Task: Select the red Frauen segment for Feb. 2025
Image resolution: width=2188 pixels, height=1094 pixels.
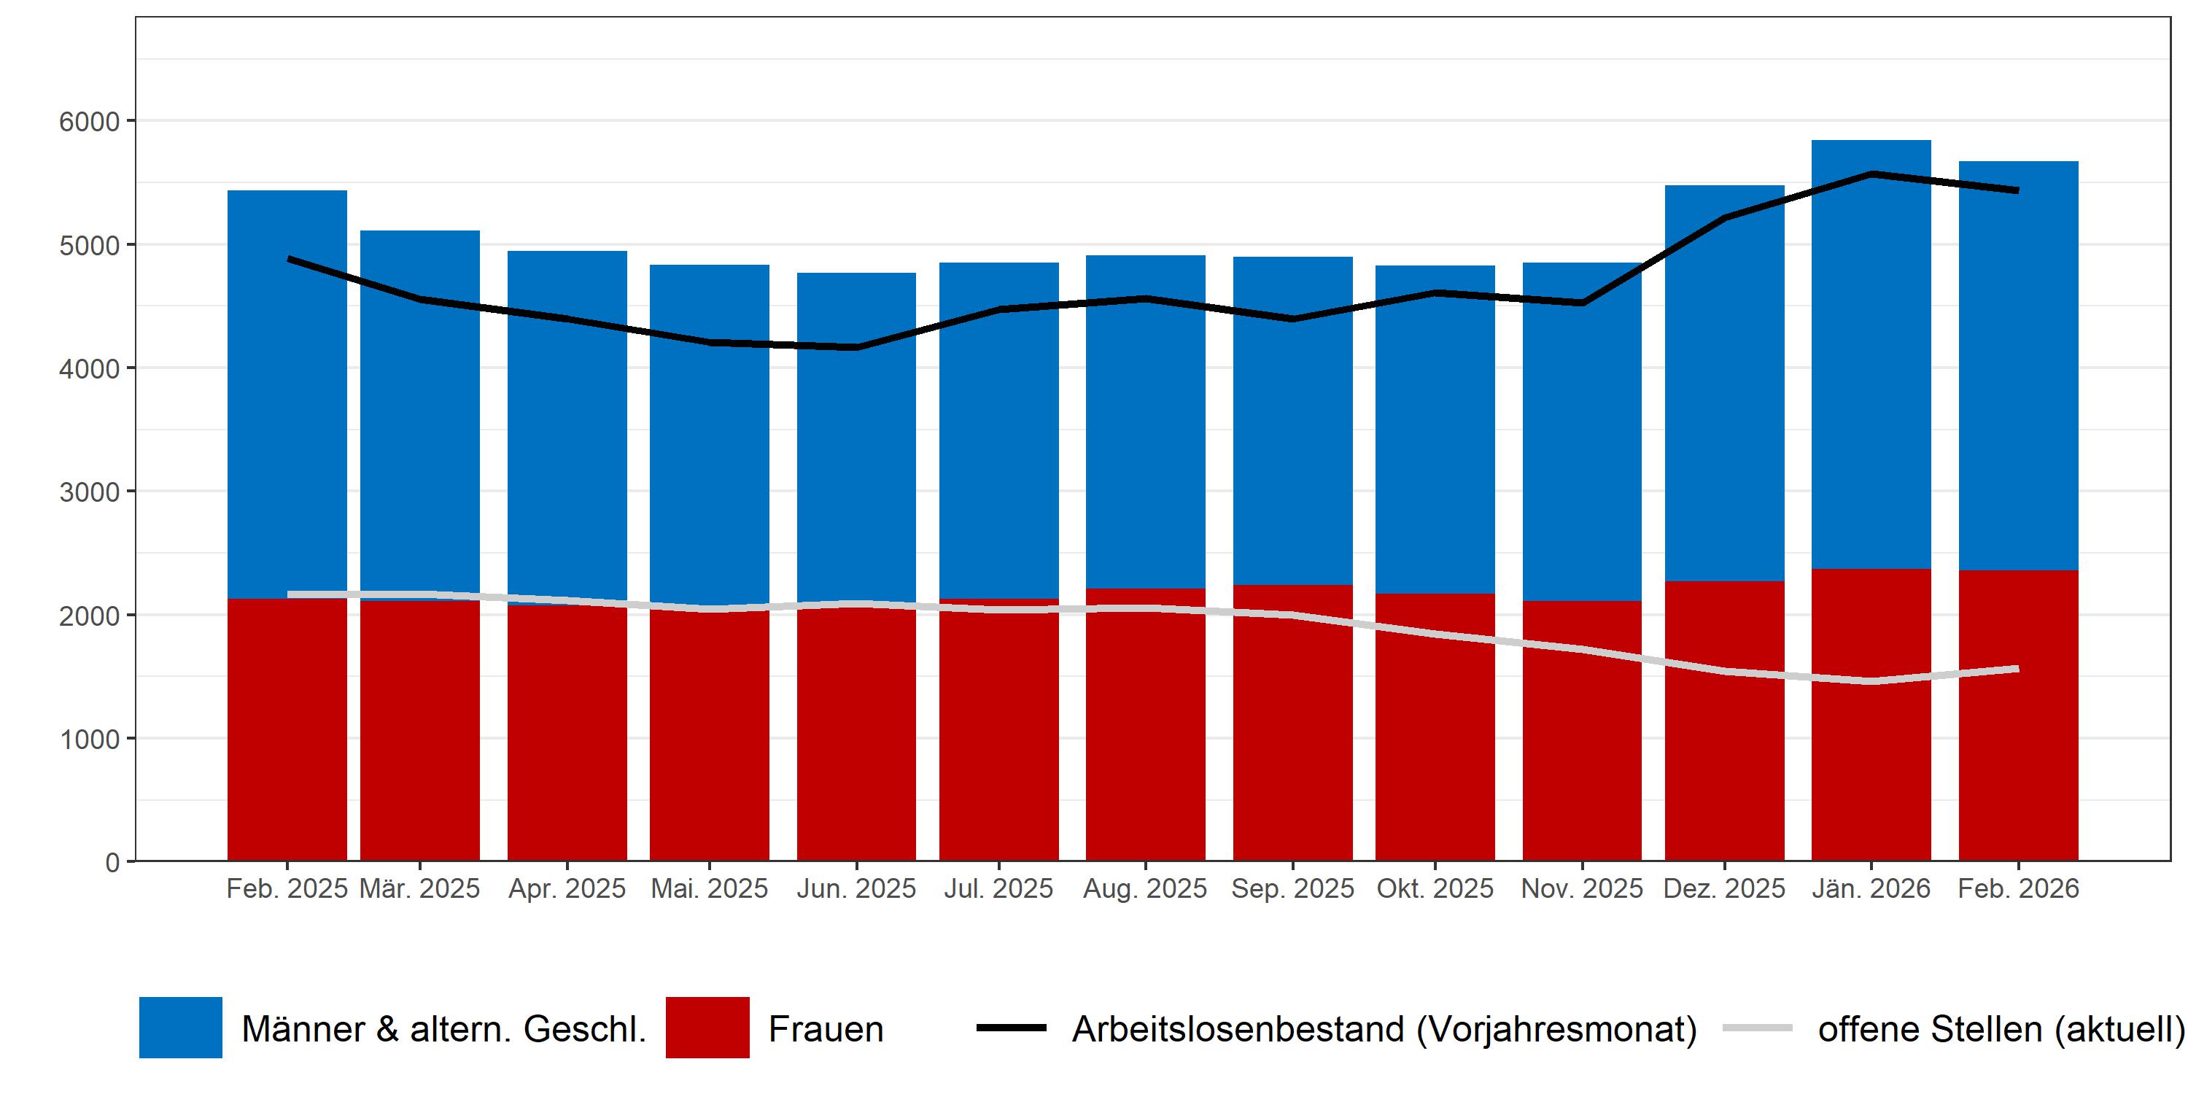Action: pos(287,731)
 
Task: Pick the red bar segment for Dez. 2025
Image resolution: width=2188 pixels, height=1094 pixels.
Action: pos(1724,722)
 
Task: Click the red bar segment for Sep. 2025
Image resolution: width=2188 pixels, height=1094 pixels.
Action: pos(1292,739)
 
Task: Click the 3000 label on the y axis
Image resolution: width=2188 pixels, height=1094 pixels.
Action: pos(88,492)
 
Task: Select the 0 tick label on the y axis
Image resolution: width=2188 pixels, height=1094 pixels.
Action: pos(112,862)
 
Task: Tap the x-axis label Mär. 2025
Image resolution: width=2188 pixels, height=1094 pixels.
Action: pos(419,888)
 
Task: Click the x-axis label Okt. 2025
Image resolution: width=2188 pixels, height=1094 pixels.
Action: pos(1435,888)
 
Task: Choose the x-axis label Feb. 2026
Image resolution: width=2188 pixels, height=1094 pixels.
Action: pos(2018,888)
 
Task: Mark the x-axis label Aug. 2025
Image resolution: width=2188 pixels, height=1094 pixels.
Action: pos(1145,888)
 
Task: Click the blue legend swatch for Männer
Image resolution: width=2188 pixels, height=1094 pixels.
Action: pos(180,1028)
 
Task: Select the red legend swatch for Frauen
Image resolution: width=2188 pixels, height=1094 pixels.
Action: pos(707,1028)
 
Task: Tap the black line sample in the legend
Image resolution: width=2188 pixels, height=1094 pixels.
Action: pos(1011,1028)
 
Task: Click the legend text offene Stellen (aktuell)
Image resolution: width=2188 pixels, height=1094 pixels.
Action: pos(2001,1028)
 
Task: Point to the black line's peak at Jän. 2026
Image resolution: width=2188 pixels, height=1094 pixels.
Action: pos(1871,174)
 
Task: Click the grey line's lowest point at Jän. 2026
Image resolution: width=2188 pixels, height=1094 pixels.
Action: pos(1871,681)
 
